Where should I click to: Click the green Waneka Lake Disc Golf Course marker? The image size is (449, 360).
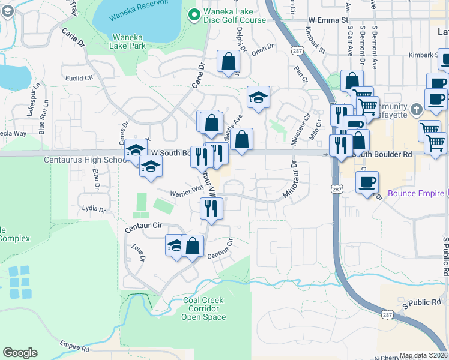click(x=194, y=14)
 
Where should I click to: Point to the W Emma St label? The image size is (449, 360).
click(x=328, y=20)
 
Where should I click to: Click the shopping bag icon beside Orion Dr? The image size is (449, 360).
click(x=228, y=62)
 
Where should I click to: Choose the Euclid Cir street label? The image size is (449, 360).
click(x=80, y=77)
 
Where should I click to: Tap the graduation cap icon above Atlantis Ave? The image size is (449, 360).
click(x=258, y=98)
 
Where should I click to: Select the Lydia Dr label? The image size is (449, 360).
click(x=93, y=210)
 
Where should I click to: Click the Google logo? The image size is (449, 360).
click(x=20, y=353)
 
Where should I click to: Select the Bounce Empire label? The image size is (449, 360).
click(x=415, y=193)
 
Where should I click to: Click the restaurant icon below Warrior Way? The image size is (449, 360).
click(x=211, y=209)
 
